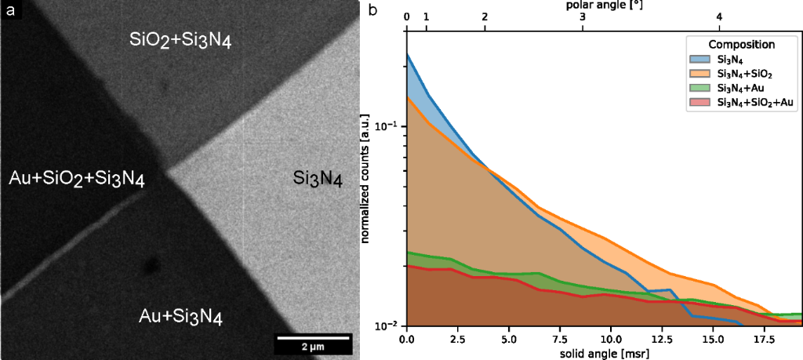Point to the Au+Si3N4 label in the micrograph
tap(181, 317)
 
